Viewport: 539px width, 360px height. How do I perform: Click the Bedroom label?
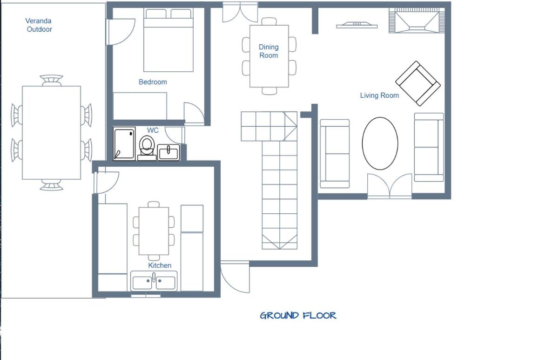pos(153,82)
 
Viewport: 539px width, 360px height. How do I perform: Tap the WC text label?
pos(153,130)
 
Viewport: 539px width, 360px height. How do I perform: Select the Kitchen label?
pos(160,265)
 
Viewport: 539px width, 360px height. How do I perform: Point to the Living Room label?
pos(379,95)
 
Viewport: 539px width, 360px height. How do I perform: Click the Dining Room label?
pos(269,51)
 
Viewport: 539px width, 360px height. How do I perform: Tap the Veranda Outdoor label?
pos(39,25)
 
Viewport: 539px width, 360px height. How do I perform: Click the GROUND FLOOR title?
pos(298,316)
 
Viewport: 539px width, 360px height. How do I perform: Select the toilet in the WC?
pos(147,148)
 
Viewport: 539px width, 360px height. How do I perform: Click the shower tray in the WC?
pos(124,144)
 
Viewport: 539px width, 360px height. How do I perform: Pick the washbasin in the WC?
pos(168,152)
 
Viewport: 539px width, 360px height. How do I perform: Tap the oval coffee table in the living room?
pos(380,143)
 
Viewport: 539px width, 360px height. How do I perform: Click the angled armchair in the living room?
pos(418,83)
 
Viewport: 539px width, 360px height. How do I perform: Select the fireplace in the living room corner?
pos(417,20)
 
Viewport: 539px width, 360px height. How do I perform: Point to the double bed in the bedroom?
pos(168,40)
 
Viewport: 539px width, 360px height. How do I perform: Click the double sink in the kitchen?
pos(154,281)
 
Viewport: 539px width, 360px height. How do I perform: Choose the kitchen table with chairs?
pos(154,231)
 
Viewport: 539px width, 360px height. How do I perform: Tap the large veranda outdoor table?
pos(52,133)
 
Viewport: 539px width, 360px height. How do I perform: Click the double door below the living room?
pos(390,186)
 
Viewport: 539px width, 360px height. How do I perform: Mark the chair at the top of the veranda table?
pos(52,80)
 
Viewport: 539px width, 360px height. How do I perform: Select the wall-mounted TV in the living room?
pos(357,25)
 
